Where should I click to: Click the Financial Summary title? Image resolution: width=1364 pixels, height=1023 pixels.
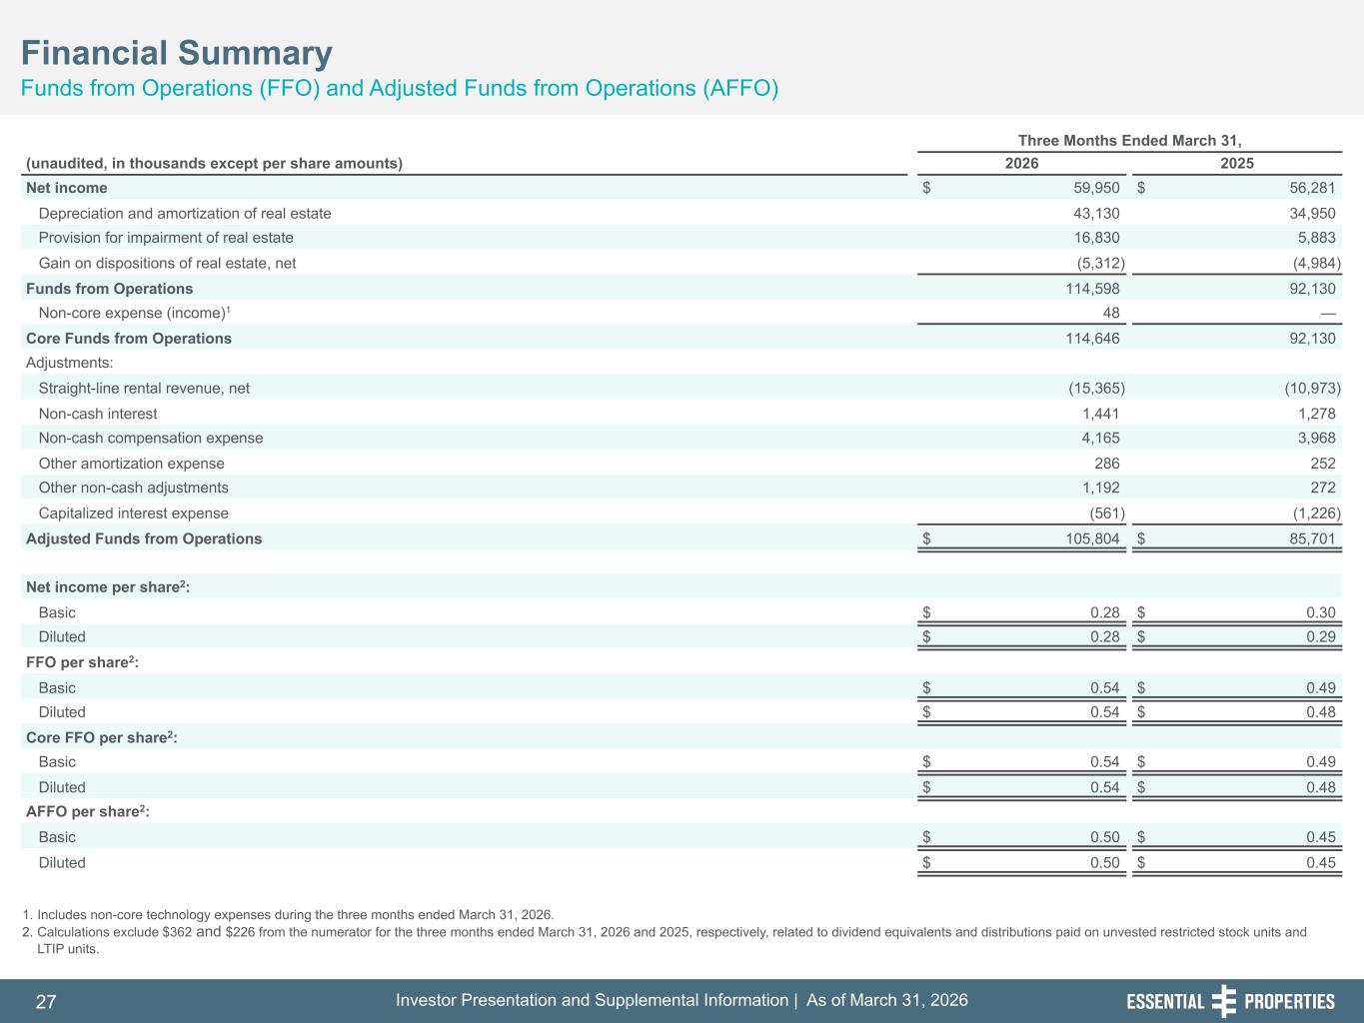pyautogui.click(x=177, y=53)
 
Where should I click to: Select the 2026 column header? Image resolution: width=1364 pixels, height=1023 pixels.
pyautogui.click(x=1021, y=164)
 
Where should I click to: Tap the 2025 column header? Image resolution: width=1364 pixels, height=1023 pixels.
pyautogui.click(x=1237, y=164)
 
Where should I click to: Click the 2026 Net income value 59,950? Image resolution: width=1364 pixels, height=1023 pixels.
pyautogui.click(x=1096, y=188)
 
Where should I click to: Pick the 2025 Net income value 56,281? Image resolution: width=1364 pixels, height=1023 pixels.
pyautogui.click(x=1312, y=188)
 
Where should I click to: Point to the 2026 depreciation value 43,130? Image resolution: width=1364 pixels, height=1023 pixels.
pyautogui.click(x=1096, y=214)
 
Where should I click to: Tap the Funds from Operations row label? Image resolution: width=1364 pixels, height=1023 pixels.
pyautogui.click(x=109, y=289)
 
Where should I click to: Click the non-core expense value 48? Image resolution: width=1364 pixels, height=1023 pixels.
pyautogui.click(x=1111, y=313)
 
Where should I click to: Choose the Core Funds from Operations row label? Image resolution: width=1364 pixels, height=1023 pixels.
pyautogui.click(x=129, y=339)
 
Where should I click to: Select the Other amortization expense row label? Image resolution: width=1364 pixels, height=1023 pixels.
pyautogui.click(x=131, y=464)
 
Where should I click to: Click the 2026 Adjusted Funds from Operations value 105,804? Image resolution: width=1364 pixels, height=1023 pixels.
pyautogui.click(x=1092, y=538)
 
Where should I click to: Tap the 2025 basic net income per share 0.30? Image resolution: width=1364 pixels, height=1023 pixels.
pyautogui.click(x=1320, y=612)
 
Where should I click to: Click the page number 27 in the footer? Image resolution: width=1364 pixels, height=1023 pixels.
pyautogui.click(x=46, y=1001)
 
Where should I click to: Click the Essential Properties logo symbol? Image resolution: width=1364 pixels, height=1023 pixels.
pyautogui.click(x=1223, y=1001)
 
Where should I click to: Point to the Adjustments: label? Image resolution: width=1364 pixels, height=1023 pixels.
pyautogui.click(x=70, y=363)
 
